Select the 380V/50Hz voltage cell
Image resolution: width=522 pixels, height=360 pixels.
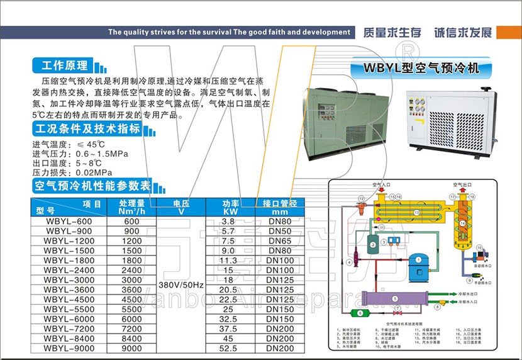coord(181,284)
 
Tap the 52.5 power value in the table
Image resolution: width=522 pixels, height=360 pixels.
coord(228,348)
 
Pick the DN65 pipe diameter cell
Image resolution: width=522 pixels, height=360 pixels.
coord(279,241)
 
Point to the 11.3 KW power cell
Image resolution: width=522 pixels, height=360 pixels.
coord(228,261)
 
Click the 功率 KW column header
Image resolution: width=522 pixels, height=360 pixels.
coord(231,207)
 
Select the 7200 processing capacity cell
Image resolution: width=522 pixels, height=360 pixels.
coord(131,329)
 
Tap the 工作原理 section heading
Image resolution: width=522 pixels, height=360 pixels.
coord(63,65)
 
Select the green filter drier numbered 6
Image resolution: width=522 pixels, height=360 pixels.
coord(359,313)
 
